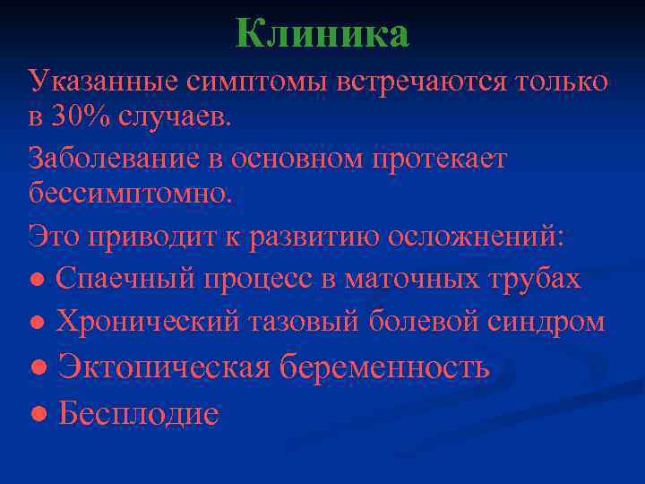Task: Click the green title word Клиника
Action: (x=322, y=34)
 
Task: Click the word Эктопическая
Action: (x=165, y=367)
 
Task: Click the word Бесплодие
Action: (x=138, y=413)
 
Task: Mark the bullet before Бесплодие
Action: (x=39, y=414)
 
